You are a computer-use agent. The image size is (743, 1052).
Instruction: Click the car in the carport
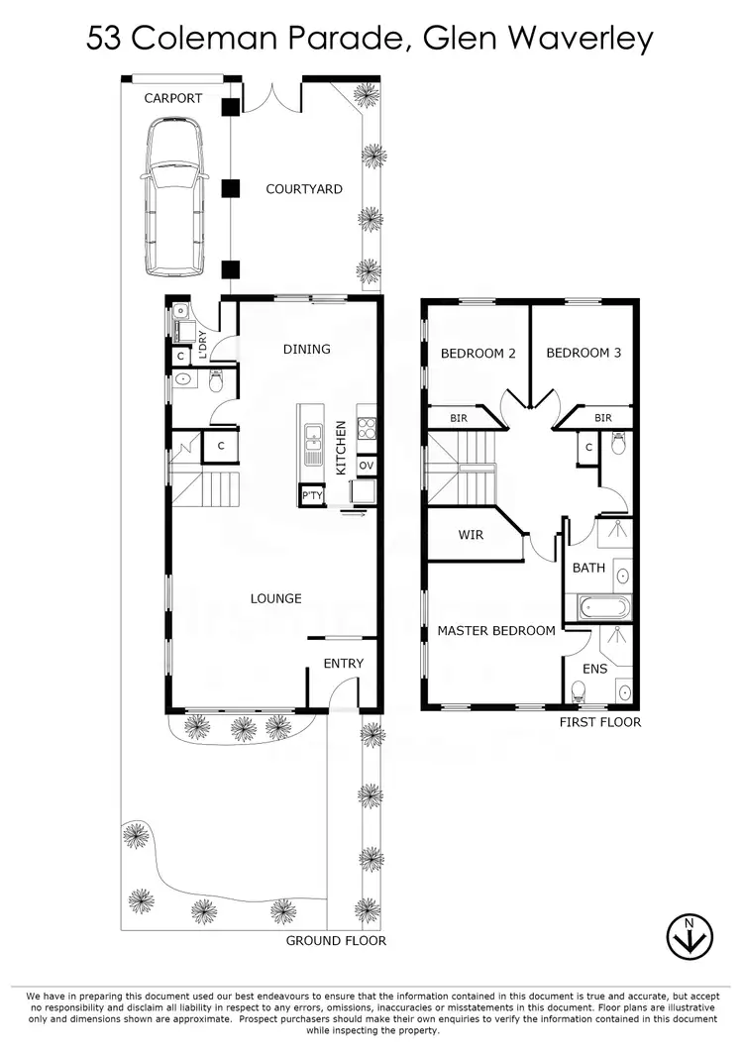(175, 197)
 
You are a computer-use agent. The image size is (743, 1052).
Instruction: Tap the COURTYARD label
(304, 189)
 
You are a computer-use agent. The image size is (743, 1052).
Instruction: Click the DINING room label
(306, 349)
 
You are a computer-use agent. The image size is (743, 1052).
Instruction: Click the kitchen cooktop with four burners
(366, 429)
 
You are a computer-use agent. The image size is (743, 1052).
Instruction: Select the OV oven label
(366, 466)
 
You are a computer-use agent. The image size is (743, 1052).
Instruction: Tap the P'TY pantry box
(312, 495)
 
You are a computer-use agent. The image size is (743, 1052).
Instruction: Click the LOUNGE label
(275, 598)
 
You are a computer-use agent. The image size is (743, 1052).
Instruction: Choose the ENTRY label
(343, 664)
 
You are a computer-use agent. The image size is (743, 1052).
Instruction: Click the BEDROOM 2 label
(478, 353)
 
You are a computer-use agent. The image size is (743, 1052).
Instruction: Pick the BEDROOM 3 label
(584, 353)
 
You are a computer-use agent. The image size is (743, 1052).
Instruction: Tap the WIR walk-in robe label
(471, 535)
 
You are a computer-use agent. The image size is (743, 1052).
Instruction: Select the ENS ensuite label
(594, 670)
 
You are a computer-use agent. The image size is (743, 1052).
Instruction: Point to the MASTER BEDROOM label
(496, 630)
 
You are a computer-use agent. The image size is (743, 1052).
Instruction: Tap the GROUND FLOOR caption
(336, 940)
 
